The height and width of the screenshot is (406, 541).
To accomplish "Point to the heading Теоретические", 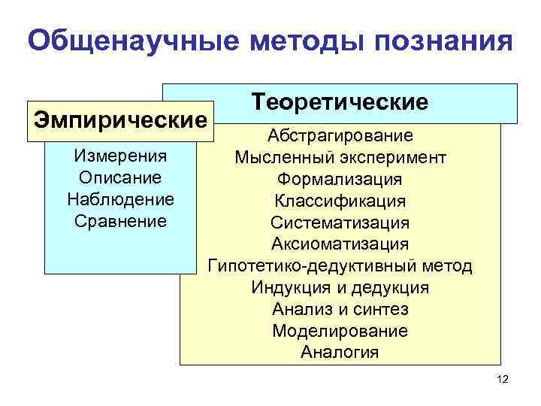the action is click(x=340, y=102).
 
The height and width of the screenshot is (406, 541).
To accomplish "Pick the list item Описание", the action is click(x=120, y=179).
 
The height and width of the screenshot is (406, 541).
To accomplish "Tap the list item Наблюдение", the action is click(x=120, y=200).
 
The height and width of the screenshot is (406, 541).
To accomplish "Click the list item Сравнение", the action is click(x=120, y=222).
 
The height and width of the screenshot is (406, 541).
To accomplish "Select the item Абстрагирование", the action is click(x=340, y=136).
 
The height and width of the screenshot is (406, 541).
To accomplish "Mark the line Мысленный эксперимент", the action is click(x=340, y=158).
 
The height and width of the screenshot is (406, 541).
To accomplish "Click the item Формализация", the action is click(x=340, y=180).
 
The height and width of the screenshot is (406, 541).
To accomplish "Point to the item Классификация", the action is click(x=340, y=201).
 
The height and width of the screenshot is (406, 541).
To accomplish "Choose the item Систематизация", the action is click(x=340, y=223).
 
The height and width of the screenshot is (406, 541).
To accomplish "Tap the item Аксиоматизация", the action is click(x=340, y=244).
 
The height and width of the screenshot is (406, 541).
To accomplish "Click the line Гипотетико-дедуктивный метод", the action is click(x=340, y=266).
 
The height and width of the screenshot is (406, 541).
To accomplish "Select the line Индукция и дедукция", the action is click(x=340, y=288).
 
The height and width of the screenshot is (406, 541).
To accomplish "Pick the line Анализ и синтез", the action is click(x=340, y=309).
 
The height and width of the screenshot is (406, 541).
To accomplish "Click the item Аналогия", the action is click(x=340, y=353).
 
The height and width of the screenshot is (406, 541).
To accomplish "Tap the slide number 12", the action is click(x=503, y=380).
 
